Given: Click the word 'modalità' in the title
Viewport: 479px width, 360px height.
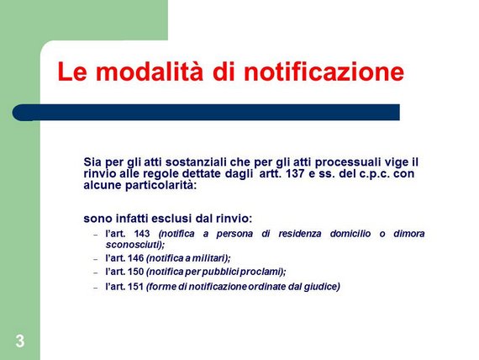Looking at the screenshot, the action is [150, 71].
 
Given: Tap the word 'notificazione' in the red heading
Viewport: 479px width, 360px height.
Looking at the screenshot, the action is [324, 71].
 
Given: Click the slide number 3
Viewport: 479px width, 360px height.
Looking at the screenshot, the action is [20, 341].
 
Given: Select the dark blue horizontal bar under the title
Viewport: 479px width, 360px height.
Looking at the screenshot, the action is [206, 112].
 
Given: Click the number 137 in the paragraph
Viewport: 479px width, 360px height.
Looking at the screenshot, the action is [295, 174].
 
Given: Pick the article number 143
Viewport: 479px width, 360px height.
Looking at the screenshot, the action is [142, 234].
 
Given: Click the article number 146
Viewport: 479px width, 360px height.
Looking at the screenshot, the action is [135, 258].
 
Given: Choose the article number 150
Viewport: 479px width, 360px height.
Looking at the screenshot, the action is [135, 272].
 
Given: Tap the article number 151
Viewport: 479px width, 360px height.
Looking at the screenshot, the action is [135, 287].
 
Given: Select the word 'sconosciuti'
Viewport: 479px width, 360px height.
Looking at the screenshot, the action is [133, 245].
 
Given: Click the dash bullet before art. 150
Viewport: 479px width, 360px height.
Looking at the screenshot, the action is [96, 273].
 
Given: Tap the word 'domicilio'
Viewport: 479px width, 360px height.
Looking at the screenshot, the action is [350, 234].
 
